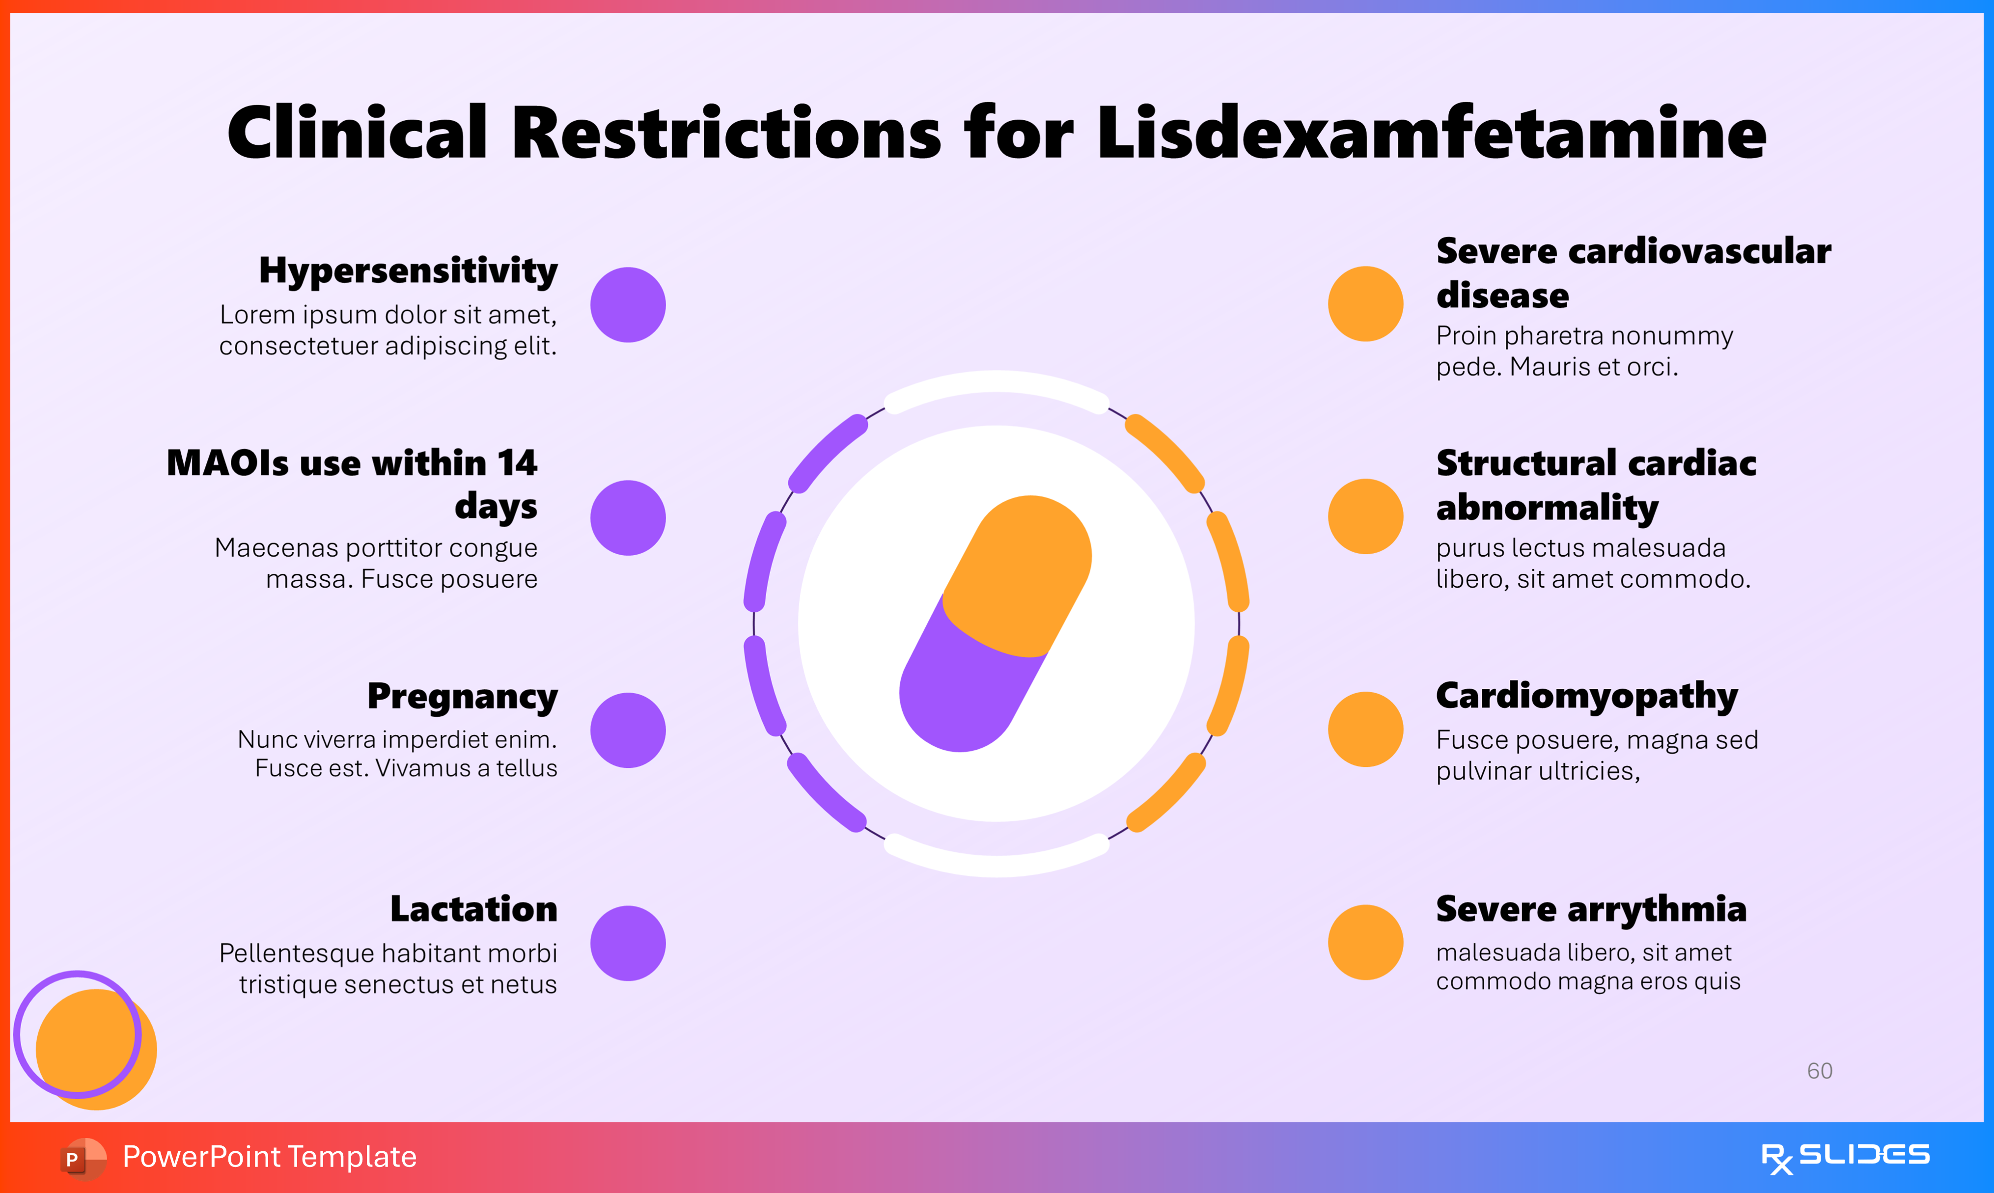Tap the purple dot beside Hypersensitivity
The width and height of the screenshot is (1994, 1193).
click(628, 305)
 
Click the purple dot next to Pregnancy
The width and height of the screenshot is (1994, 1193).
click(628, 730)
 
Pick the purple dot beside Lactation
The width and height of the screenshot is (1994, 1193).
click(628, 943)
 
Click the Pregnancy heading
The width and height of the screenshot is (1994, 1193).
click(462, 696)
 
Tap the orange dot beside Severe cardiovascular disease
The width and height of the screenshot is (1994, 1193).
click(1365, 304)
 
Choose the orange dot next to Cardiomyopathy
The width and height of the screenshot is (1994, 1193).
click(1365, 729)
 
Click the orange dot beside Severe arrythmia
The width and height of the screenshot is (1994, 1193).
click(1365, 942)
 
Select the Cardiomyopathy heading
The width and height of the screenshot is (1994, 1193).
click(1586, 696)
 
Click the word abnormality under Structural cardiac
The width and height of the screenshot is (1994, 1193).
click(1547, 508)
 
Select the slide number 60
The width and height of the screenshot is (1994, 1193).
click(1820, 1071)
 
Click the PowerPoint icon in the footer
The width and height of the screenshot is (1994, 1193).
click(83, 1158)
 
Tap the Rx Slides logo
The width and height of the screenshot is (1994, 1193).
click(1845, 1157)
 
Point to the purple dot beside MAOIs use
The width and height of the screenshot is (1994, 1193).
click(628, 518)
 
